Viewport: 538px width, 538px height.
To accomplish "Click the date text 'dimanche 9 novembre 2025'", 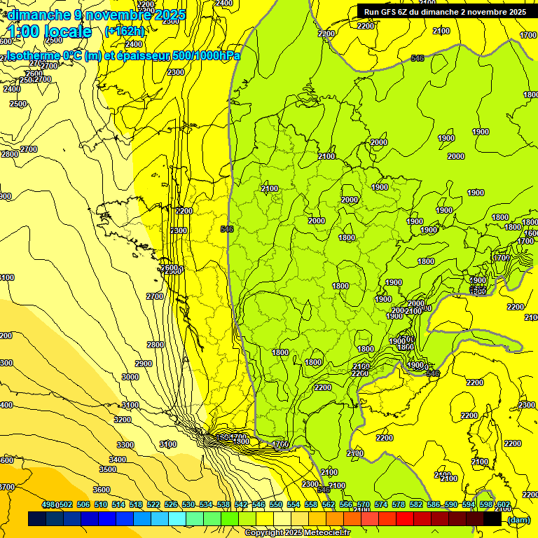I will click(96, 15).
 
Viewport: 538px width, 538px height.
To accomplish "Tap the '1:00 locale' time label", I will click(50, 32).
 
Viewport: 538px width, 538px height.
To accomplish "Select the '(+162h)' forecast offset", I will click(124, 31).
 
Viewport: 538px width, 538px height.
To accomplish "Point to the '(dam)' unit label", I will click(519, 520).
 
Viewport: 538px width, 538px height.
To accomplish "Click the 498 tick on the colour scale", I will click(48, 504).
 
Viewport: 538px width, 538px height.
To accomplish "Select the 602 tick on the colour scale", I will click(503, 504).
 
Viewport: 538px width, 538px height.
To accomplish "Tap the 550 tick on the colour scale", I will click(275, 504).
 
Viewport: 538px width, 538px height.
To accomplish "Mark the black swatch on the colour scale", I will click(492, 519).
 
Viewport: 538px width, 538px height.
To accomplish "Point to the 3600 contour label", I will click(102, 490).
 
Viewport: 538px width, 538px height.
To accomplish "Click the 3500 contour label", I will click(108, 469).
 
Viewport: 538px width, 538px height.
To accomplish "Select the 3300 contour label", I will click(125, 445).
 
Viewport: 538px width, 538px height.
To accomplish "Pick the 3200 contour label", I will click(123, 420).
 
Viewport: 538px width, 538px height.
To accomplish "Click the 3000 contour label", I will click(130, 377).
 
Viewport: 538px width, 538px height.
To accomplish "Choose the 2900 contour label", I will click(144, 364).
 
